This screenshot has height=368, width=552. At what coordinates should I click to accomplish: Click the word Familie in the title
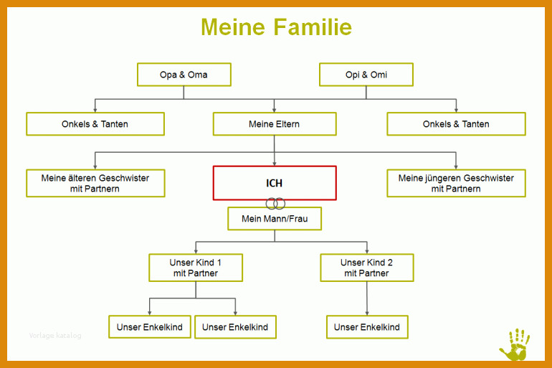pyautogui.click(x=313, y=27)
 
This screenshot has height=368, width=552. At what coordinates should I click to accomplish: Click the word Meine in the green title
pyautogui.click(x=233, y=27)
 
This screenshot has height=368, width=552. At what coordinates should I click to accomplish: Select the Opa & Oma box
pyautogui.click(x=184, y=75)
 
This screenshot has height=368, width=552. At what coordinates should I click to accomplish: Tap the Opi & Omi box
pyautogui.click(x=366, y=75)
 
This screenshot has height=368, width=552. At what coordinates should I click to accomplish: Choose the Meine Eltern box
pyautogui.click(x=275, y=124)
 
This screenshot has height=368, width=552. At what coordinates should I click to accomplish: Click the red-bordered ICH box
pyautogui.click(x=275, y=183)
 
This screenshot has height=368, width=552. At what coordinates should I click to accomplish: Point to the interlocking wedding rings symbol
pyautogui.click(x=275, y=204)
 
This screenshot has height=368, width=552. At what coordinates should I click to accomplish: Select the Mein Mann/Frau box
pyautogui.click(x=275, y=219)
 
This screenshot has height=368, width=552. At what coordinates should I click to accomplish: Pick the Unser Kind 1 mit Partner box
pyautogui.click(x=196, y=268)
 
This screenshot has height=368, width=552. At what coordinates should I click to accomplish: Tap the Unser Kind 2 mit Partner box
pyautogui.click(x=367, y=268)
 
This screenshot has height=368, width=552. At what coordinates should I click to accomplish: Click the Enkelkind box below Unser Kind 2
pyautogui.click(x=367, y=327)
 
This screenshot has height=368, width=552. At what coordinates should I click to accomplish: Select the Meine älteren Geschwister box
pyautogui.click(x=95, y=183)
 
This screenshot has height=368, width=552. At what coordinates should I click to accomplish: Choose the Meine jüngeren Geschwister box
pyautogui.click(x=456, y=183)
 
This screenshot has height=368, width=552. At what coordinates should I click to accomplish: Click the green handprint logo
pyautogui.click(x=515, y=345)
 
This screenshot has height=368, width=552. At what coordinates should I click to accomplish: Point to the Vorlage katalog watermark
pyautogui.click(x=55, y=335)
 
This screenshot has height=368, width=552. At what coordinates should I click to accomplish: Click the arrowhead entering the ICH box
pyautogui.click(x=275, y=164)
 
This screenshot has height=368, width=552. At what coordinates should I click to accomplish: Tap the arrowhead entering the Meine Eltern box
pyautogui.click(x=275, y=110)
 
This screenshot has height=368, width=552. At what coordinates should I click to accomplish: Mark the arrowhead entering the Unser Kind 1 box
pyautogui.click(x=196, y=252)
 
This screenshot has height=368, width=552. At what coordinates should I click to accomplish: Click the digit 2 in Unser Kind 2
pyautogui.click(x=390, y=263)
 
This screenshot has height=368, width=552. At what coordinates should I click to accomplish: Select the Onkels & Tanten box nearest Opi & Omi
pyautogui.click(x=456, y=124)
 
